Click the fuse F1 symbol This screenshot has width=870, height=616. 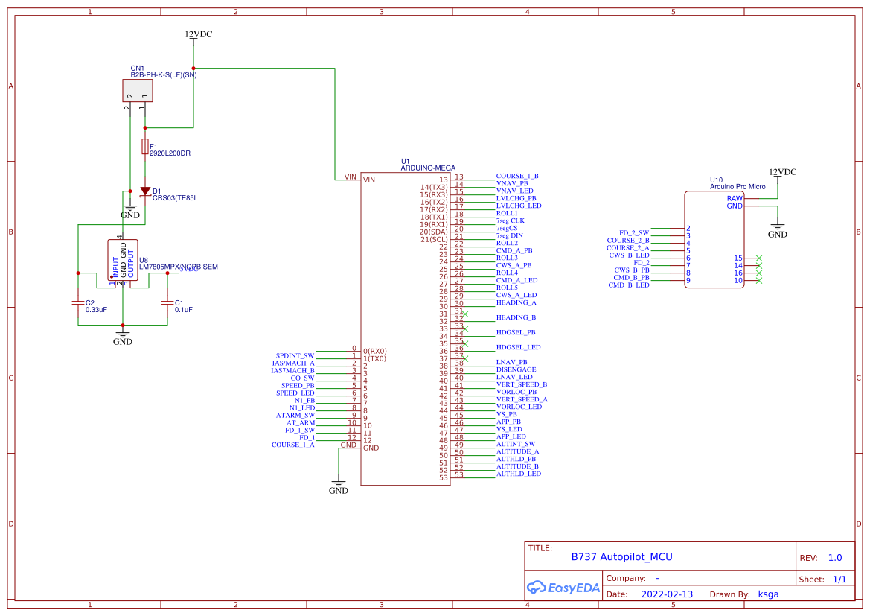[145, 146]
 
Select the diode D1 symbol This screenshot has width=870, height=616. [145, 191]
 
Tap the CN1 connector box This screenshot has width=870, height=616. [137, 90]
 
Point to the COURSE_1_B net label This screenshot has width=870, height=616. [517, 176]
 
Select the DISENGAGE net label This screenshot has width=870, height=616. [516, 369]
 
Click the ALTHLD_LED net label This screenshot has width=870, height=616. [519, 474]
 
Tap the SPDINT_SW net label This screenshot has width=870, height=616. [295, 355]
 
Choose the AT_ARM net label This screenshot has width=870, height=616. [301, 422]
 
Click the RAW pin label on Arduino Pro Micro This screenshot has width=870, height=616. [735, 198]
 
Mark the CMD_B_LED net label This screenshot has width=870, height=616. [629, 285]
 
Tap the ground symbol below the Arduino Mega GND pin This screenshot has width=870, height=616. [339, 484]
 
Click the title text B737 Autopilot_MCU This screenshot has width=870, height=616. [621, 556]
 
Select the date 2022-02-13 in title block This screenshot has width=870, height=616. [666, 594]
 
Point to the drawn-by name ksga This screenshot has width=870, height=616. [768, 594]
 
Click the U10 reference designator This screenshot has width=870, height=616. [716, 180]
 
